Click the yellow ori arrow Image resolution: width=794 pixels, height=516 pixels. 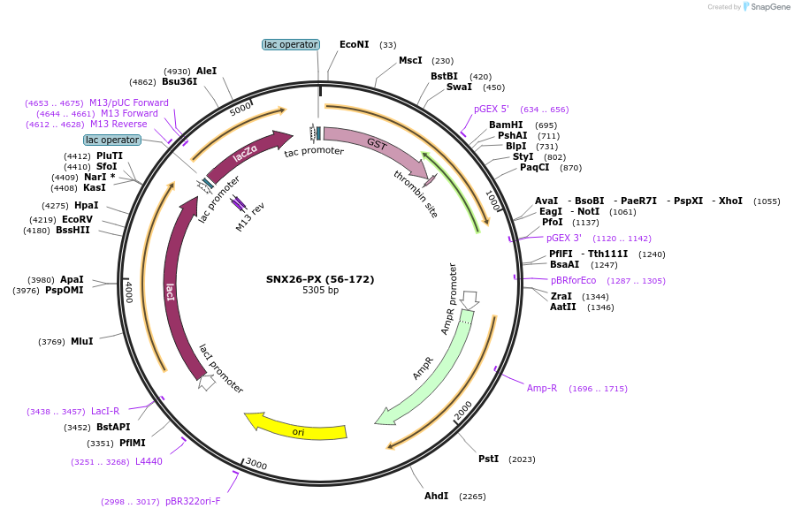296,426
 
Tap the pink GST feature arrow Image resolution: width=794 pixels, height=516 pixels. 376,147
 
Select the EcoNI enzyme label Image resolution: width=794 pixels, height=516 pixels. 354,44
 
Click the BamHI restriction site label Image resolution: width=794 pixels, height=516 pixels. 506,125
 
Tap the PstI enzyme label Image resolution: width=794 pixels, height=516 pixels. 488,459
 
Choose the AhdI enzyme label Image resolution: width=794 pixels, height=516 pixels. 436,496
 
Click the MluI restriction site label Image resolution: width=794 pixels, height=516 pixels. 82,341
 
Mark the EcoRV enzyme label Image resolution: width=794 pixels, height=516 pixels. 77,219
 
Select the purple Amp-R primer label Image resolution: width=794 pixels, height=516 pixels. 542,388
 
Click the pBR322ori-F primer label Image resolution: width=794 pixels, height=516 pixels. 193,501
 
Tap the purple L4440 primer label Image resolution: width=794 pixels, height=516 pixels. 149,461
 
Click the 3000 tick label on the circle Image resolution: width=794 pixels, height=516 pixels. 256,464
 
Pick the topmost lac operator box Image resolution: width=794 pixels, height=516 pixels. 291,44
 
